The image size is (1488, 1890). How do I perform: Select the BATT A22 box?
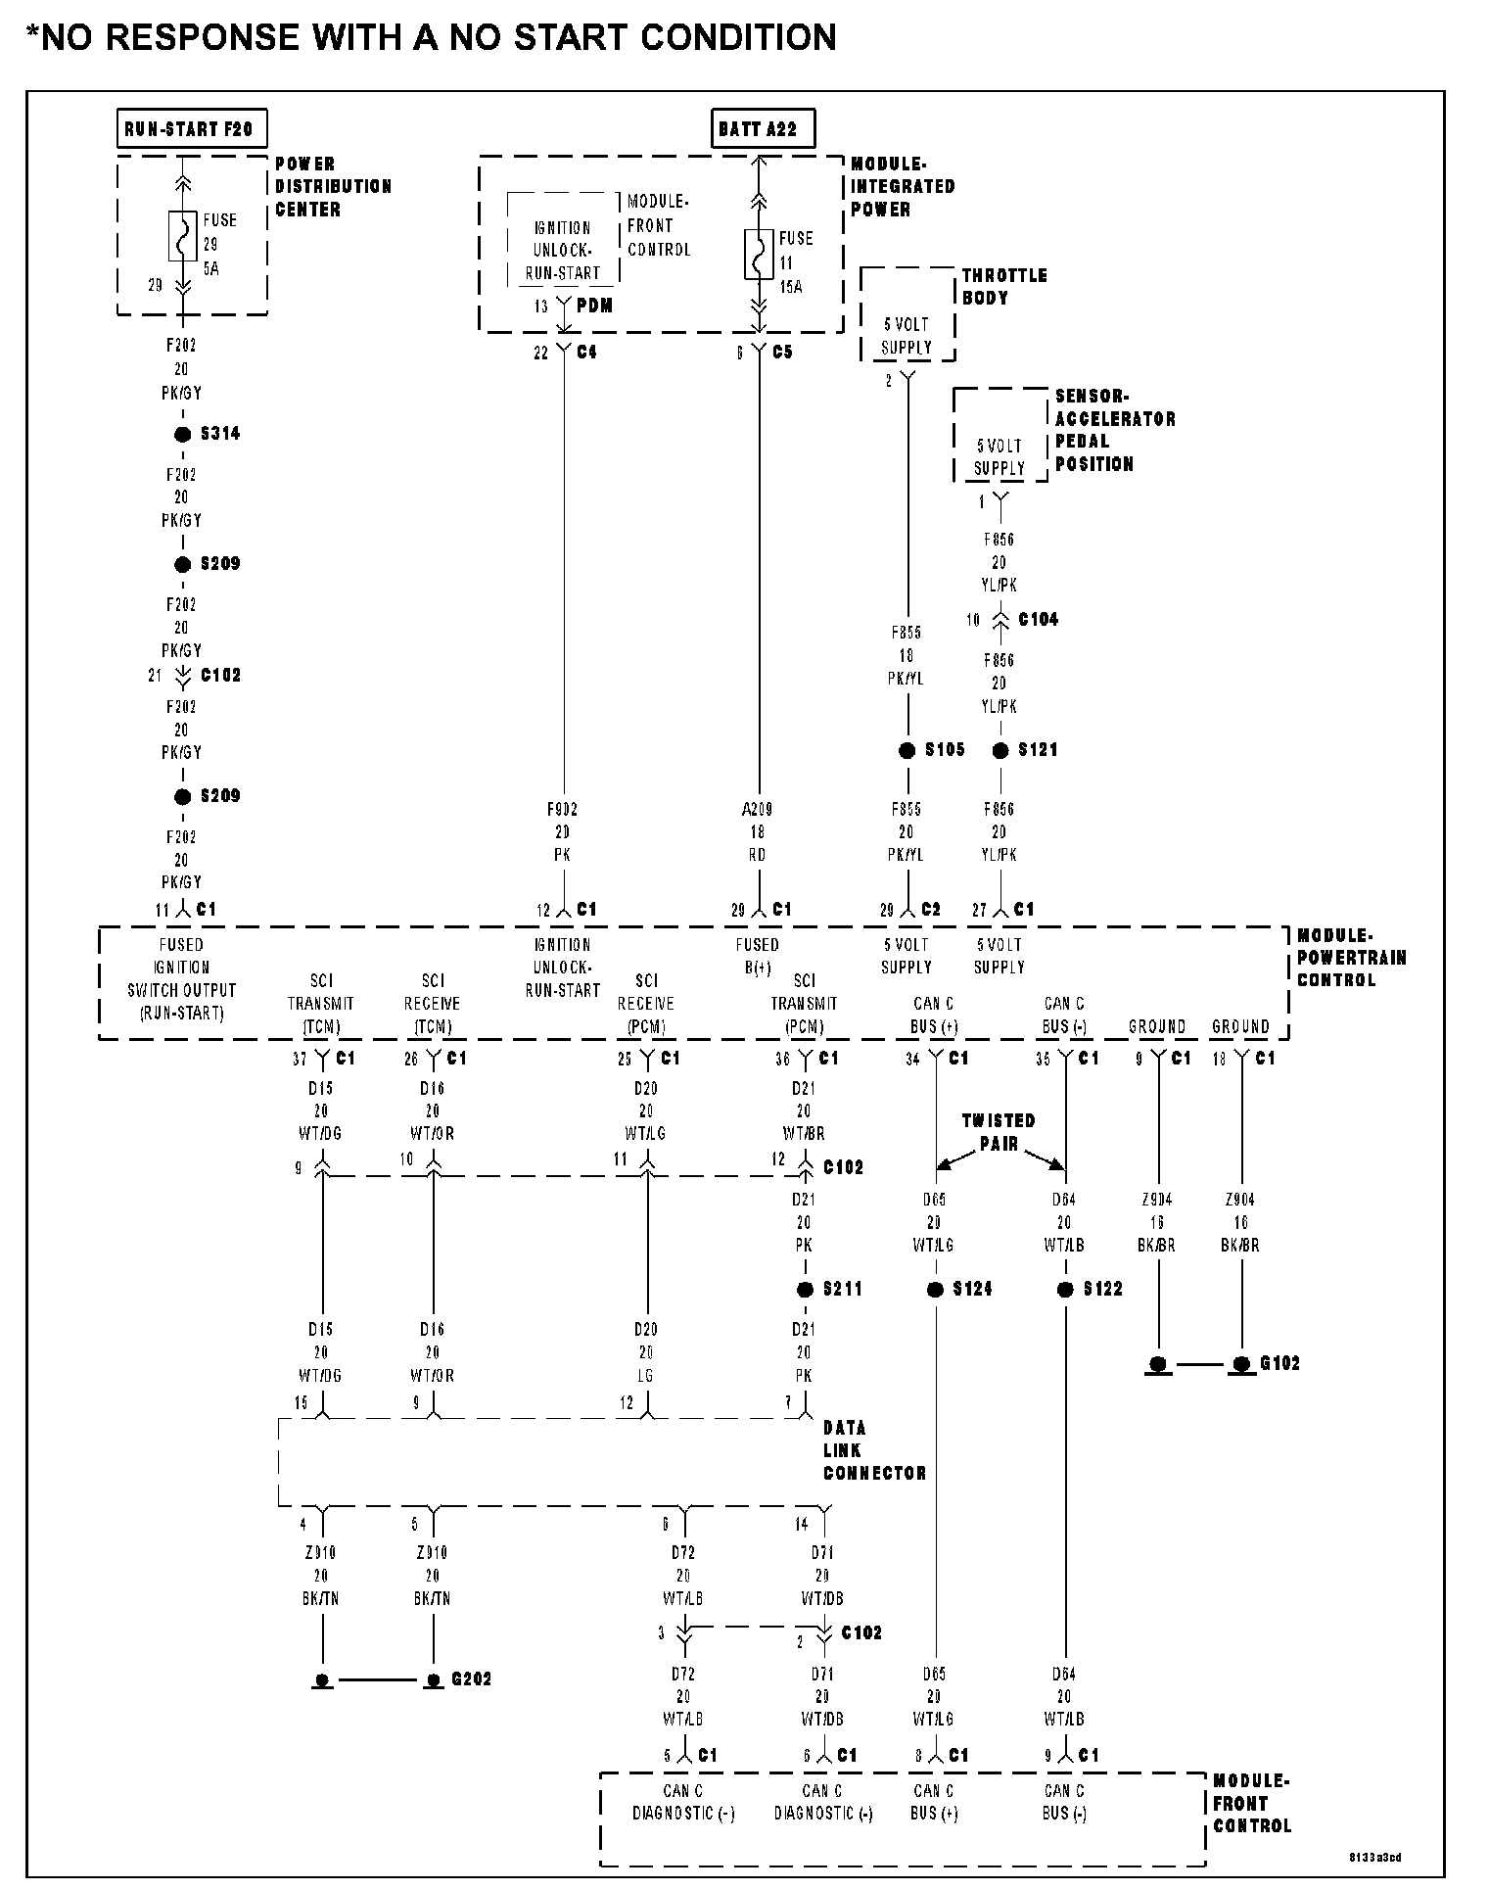pos(761,128)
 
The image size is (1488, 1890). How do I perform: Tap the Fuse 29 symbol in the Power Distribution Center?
pos(182,236)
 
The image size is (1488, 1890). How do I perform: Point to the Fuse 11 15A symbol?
pos(759,254)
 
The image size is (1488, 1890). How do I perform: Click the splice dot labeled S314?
pos(182,435)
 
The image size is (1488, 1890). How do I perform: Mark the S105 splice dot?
pos(907,751)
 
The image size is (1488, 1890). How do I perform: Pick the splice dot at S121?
pos(1000,751)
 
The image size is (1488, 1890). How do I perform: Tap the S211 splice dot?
pos(805,1290)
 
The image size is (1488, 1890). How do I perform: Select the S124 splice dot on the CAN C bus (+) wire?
pos(935,1290)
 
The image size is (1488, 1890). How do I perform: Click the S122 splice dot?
pos(1065,1290)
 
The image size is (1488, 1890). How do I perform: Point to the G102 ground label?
pos(1279,1363)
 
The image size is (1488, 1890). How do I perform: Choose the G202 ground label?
pos(471,1679)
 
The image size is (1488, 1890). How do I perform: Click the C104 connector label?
pos(1038,620)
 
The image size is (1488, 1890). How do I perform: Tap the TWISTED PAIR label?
pos(998,1132)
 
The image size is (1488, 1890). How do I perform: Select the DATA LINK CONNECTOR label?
pos(873,1450)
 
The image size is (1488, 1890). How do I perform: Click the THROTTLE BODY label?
pos(1003,286)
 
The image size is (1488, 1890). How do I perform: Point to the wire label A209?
pos(757,810)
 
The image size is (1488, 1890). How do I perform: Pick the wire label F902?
pos(562,810)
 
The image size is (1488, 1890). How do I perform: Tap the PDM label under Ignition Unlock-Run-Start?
pos(594,306)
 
